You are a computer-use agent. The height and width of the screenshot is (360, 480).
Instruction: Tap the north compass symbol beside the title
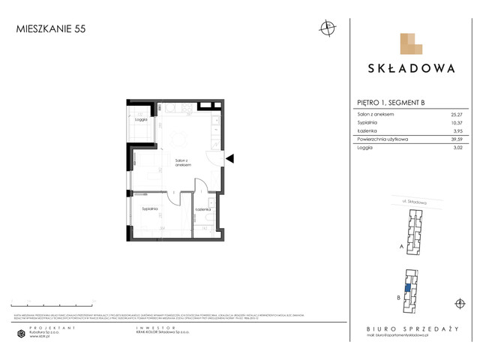click(x=327, y=28)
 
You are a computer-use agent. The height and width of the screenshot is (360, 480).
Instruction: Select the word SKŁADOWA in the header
click(x=411, y=67)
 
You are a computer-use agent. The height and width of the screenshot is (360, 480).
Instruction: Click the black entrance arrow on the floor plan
click(x=231, y=159)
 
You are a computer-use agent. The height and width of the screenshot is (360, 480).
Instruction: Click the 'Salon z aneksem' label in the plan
click(x=184, y=163)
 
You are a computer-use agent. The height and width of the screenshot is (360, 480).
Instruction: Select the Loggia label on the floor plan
click(x=140, y=119)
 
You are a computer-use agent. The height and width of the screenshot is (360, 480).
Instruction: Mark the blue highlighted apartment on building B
click(x=407, y=286)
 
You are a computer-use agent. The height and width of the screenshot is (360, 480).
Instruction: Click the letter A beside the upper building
click(x=402, y=245)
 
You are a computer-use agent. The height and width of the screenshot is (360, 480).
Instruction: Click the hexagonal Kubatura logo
click(x=22, y=333)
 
